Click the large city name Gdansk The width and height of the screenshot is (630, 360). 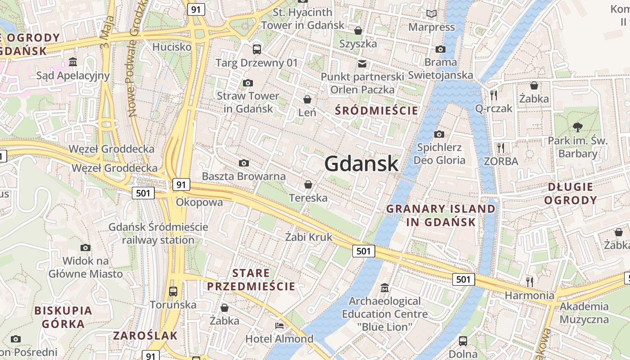361,163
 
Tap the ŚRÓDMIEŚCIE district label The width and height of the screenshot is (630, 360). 377,110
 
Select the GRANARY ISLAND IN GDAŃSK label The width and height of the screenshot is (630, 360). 441,215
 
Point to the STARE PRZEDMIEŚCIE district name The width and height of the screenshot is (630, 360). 251,279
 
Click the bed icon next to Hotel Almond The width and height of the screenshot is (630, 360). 279,326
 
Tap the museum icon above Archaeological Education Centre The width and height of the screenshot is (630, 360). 385,288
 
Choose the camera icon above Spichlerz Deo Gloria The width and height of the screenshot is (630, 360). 439,134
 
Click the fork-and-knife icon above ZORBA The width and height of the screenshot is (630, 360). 501,148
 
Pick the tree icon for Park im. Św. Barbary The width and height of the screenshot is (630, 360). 578,127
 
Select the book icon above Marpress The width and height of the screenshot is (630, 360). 432,14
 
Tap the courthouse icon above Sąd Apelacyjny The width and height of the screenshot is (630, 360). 73,62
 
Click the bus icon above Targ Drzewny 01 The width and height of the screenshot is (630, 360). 257,49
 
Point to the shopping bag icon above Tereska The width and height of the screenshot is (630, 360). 308,184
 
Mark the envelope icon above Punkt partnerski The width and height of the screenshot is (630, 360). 362,63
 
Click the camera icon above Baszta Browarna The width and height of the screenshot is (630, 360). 244,163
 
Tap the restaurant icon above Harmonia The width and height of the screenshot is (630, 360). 530,282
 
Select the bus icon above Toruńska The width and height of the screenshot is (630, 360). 173,291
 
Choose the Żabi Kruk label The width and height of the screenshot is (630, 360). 309,237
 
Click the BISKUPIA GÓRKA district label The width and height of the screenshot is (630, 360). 63,317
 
